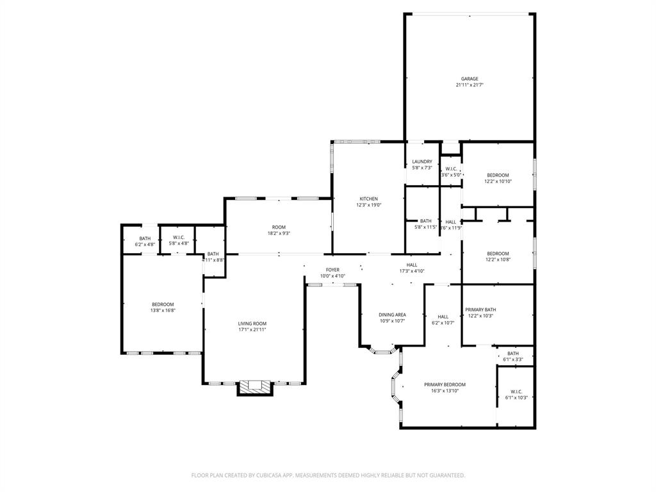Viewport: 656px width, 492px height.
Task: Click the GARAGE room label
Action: (470, 79)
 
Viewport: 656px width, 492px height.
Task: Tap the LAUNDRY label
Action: (422, 161)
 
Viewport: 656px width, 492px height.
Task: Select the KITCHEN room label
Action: (368, 199)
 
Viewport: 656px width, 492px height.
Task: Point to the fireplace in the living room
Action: (255, 386)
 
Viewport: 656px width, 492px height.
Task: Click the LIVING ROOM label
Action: (252, 324)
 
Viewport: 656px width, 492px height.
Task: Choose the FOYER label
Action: (332, 270)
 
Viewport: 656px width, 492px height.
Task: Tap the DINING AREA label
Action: (392, 315)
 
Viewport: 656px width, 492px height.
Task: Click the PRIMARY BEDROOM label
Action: (445, 384)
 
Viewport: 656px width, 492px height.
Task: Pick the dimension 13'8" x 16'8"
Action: (163, 310)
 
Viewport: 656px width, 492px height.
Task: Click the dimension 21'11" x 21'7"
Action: (470, 85)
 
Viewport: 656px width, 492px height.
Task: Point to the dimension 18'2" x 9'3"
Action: (278, 233)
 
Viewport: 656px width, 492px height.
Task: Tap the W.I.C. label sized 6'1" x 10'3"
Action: (516, 391)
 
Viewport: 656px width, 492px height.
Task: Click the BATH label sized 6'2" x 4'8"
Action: (145, 238)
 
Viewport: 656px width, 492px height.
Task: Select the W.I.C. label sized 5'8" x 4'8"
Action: (179, 238)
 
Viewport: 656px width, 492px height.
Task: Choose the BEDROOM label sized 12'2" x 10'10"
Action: (498, 176)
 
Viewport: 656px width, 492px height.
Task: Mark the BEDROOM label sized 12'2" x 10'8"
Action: (498, 253)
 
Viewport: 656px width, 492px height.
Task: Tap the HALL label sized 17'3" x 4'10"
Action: (411, 265)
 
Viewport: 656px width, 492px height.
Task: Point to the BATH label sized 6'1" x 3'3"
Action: (513, 354)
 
